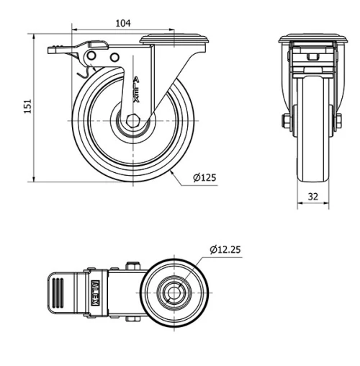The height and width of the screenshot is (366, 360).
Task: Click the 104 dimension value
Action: click(123, 23)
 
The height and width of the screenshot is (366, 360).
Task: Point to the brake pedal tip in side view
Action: click(54, 50)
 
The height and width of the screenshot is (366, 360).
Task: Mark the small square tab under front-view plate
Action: click(312, 55)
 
